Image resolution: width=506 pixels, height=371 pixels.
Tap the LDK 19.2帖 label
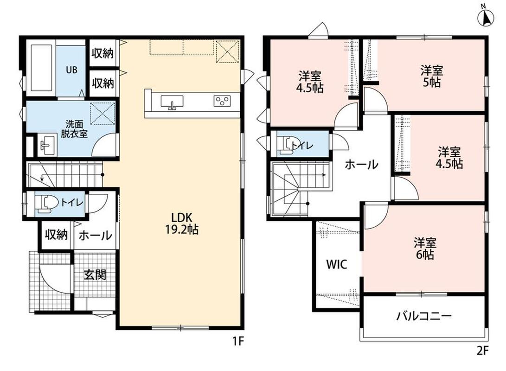[x=182, y=223]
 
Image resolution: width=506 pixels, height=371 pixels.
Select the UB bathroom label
[x=71, y=70]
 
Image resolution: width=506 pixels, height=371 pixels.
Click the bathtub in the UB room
[x=41, y=68]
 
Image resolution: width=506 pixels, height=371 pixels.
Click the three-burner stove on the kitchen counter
[x=222, y=100]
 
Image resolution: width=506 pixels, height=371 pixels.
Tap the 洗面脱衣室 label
[x=74, y=129]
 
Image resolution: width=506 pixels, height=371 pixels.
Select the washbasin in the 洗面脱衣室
[x=46, y=145]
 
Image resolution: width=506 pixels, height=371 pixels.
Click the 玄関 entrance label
[x=95, y=275]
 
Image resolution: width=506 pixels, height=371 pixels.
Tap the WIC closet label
[x=337, y=264]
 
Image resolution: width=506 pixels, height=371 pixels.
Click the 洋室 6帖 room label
[x=425, y=248]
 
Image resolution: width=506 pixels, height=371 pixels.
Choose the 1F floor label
[x=237, y=341]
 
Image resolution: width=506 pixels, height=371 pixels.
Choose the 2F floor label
[x=483, y=350]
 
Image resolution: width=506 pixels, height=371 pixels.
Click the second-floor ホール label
[x=361, y=165]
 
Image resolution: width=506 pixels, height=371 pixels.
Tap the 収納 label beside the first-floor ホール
[x=56, y=235]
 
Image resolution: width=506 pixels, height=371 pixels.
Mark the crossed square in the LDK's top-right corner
[x=227, y=51]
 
